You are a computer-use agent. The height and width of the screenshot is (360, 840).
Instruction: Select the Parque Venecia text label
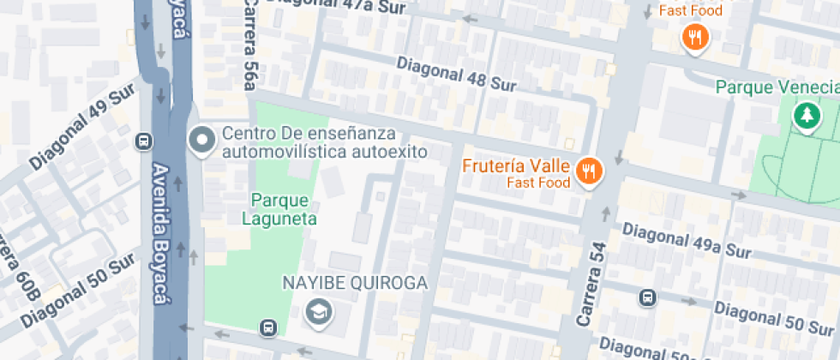point(777,87)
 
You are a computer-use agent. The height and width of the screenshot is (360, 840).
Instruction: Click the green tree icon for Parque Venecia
point(806,117)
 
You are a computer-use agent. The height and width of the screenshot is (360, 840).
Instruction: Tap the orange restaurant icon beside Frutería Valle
point(588,171)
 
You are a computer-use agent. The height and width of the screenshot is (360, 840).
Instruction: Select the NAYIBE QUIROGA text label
point(354,283)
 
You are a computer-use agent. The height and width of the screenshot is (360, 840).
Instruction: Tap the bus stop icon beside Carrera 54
point(648,297)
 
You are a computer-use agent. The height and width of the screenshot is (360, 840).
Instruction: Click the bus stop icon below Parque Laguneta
point(269,327)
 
